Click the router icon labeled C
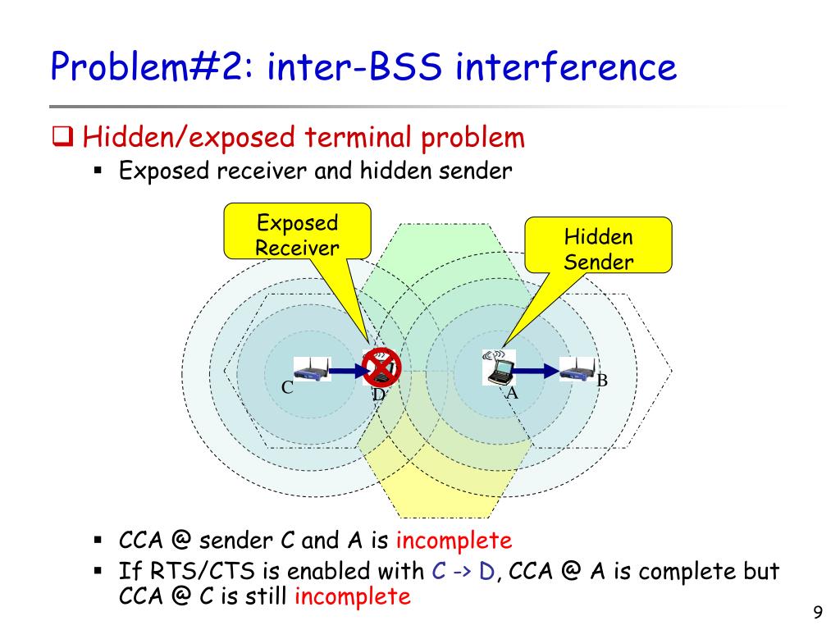tap(312, 370)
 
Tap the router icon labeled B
tap(577, 370)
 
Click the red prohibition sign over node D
tap(381, 366)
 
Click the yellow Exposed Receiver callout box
tap(297, 235)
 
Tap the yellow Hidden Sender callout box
tap(598, 249)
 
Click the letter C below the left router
tap(288, 387)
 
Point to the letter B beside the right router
tap(601, 381)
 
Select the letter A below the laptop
tap(512, 392)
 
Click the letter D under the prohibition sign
tap(378, 395)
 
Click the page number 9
tap(817, 612)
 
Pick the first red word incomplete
tap(454, 541)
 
